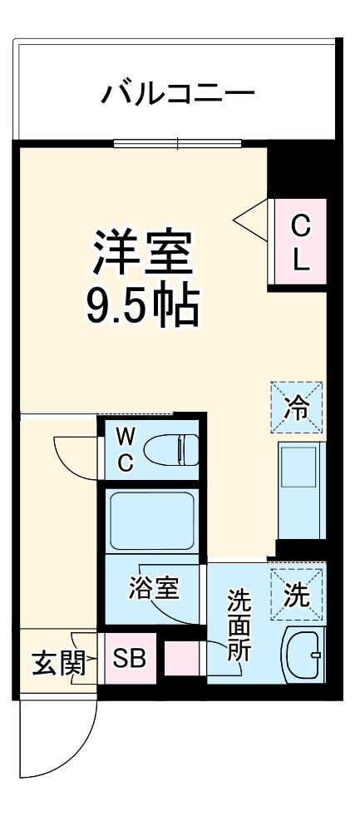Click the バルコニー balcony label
[176, 93]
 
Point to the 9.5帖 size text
[143, 307]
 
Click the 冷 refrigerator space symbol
[297, 408]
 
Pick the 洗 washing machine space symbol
[297, 594]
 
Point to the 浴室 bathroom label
[154, 589]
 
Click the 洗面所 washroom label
[239, 624]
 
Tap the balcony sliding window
[178, 143]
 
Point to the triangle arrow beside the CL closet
[250, 220]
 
